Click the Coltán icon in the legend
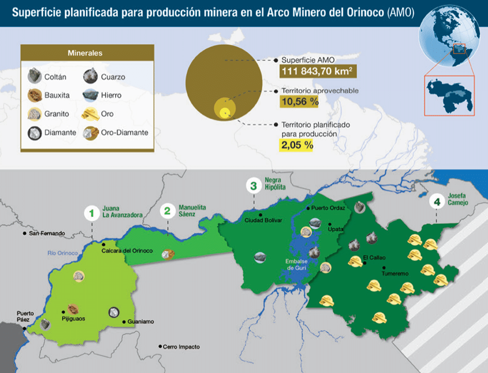click(34, 76)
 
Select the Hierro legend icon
click(91, 94)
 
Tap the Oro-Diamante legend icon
click(91, 132)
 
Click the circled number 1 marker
click(91, 214)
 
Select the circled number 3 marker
click(254, 186)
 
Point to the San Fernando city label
click(47, 233)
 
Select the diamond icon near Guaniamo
click(114, 312)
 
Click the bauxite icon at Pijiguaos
click(73, 309)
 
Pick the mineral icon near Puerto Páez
click(45, 324)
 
